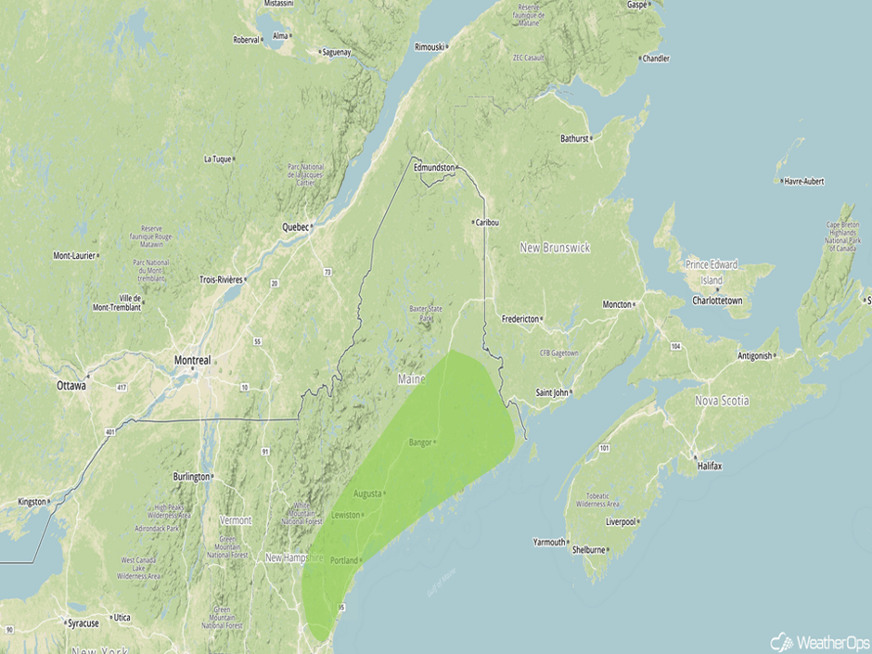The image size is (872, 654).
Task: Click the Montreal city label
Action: [x=192, y=360]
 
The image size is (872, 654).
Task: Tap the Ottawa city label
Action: [x=71, y=385]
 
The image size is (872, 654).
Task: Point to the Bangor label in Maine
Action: [x=420, y=442]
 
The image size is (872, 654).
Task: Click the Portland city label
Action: [x=343, y=560]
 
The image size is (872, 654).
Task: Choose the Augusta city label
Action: [x=367, y=494]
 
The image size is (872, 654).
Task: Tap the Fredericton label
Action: [x=520, y=319]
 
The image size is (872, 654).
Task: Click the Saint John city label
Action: [x=552, y=392]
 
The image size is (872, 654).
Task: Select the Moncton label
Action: [x=616, y=304]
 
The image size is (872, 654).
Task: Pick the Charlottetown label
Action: [x=717, y=301]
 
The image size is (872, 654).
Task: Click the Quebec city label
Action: [x=294, y=226]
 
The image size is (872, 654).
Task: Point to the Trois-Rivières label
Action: [x=221, y=279]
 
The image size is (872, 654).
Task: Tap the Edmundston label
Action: [x=434, y=167]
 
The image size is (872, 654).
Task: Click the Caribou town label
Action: [x=488, y=223]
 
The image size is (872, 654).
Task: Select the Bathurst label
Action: [x=574, y=139]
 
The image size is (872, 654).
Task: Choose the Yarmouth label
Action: [x=548, y=542]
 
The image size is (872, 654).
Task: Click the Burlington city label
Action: [x=191, y=476]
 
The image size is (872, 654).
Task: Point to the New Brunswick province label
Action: [x=555, y=248]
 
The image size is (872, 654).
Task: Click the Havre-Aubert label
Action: [x=803, y=181]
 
